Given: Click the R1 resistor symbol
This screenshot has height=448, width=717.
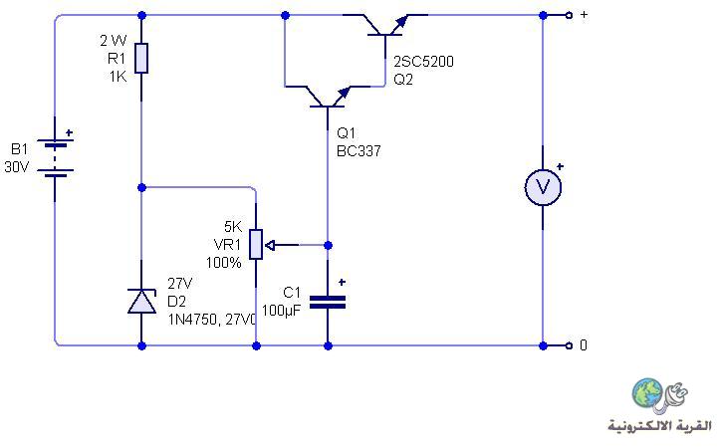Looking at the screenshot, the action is [141, 58].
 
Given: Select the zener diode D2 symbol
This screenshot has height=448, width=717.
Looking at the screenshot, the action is [141, 301].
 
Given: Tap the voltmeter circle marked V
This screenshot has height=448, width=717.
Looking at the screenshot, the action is [543, 186].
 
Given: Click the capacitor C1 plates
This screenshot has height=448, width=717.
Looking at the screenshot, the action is [328, 302].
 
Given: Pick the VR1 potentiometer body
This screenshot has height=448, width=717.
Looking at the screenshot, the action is [256, 244].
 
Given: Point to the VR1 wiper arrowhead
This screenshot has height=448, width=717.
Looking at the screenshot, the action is [270, 246].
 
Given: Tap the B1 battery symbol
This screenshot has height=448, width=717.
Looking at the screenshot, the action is [56, 157].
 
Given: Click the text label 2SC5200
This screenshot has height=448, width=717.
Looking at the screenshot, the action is [423, 62].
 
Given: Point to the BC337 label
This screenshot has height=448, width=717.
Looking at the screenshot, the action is [358, 151].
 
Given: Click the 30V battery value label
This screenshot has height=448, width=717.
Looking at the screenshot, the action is [17, 167].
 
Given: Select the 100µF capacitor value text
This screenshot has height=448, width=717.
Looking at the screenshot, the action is [281, 311].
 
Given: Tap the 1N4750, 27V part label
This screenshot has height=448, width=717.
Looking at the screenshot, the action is [212, 320].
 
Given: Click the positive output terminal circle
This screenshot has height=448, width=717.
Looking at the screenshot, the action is [569, 15].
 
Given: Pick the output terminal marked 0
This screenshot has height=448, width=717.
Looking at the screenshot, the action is [569, 345].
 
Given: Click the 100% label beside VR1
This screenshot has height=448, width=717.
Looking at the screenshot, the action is [224, 263].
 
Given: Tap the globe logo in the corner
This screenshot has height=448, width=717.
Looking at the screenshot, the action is [647, 392].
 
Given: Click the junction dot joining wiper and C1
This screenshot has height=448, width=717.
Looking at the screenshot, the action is [328, 246].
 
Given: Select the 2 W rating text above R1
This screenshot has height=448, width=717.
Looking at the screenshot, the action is [114, 41].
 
